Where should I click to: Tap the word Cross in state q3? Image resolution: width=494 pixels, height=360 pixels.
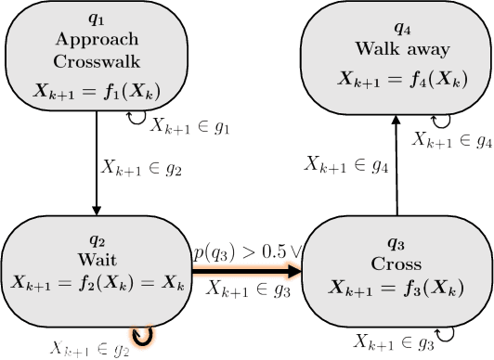(396, 262)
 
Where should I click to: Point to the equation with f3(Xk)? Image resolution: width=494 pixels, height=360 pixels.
(396, 285)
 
